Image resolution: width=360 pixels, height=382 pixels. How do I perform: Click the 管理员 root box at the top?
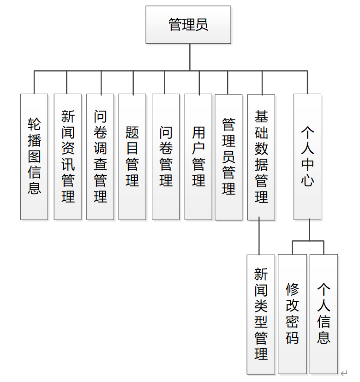(188, 24)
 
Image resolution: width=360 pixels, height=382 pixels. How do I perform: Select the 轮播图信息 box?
(34, 156)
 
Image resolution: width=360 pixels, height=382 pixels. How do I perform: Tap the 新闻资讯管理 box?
(67, 156)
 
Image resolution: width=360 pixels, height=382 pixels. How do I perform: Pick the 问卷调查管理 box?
(100, 156)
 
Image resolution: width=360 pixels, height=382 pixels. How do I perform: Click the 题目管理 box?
(132, 156)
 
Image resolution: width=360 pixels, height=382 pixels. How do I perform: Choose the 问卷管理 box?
(166, 156)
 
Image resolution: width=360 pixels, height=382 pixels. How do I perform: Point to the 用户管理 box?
(198, 156)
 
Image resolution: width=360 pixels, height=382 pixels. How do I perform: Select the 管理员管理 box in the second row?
(228, 157)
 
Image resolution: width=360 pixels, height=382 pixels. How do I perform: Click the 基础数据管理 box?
(261, 156)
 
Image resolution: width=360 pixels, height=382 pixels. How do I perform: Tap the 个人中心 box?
(307, 156)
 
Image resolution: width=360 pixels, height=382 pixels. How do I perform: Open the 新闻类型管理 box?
(261, 314)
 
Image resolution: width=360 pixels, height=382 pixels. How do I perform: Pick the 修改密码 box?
(292, 314)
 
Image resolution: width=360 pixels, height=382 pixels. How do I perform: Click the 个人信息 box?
(324, 314)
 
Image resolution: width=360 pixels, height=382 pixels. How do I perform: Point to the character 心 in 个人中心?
(307, 180)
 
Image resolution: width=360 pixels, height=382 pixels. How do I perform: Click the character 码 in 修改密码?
(292, 338)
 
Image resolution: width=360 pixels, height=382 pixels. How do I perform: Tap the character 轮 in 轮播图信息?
(34, 124)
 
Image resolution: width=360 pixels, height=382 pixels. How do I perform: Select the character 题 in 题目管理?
(132, 132)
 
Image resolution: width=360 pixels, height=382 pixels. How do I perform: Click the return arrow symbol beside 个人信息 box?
(344, 372)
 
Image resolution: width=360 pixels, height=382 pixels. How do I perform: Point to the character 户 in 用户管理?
(198, 148)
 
